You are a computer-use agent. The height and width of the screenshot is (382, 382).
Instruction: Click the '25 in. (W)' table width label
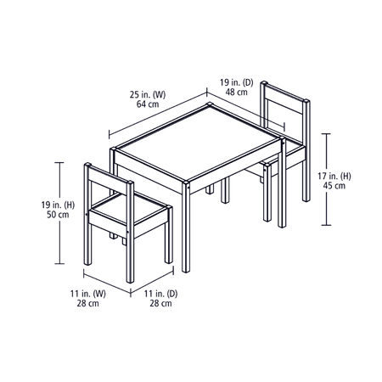[x=148, y=94]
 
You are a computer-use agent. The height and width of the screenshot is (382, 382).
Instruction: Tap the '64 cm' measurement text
[x=148, y=104]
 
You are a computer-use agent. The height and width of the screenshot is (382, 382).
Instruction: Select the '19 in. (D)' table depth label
[x=237, y=82]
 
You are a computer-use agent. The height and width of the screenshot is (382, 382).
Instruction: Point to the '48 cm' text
[x=237, y=92]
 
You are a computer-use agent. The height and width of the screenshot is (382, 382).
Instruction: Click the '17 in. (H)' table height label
[x=334, y=176]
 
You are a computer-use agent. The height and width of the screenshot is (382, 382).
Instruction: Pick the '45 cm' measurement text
[x=334, y=186]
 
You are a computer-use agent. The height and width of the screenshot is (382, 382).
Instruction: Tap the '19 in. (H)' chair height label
[x=58, y=205]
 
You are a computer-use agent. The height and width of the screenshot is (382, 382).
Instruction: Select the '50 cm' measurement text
[x=58, y=215]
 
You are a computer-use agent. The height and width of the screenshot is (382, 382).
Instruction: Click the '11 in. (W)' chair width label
[x=88, y=294]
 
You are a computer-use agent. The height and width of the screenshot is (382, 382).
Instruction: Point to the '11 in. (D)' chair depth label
[x=160, y=294]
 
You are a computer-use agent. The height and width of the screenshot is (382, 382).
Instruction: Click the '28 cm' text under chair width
[x=88, y=303]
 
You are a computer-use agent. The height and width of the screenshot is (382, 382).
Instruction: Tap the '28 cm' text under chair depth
[x=160, y=303]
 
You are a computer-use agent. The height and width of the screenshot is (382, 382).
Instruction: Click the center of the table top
[x=197, y=143]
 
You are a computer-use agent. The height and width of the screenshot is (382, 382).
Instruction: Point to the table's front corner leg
[x=186, y=227]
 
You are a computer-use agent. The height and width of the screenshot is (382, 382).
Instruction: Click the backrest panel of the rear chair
[x=285, y=105]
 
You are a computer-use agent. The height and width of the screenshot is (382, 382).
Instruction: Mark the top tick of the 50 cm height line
[x=59, y=162]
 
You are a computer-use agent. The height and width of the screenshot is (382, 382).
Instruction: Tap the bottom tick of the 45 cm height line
[x=326, y=225]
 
